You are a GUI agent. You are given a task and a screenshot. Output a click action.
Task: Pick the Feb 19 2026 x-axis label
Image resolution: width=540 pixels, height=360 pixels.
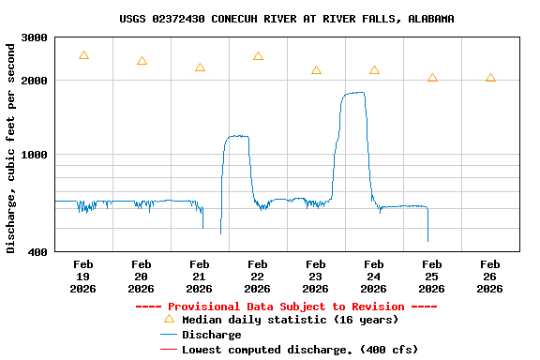pyautogui.click(x=83, y=277)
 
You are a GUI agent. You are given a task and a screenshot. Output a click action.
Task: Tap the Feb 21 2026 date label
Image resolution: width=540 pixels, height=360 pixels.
pyautogui.click(x=200, y=277)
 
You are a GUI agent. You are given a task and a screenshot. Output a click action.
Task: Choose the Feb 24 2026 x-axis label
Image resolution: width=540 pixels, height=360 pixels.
pyautogui.click(x=374, y=277)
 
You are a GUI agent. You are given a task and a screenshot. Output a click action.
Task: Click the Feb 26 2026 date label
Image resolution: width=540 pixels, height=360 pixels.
pyautogui.click(x=490, y=277)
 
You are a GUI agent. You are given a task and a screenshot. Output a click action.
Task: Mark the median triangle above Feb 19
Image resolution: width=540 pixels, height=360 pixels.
pyautogui.click(x=83, y=55)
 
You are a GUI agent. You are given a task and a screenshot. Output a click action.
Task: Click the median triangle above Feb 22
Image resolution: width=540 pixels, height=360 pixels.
pyautogui.click(x=258, y=56)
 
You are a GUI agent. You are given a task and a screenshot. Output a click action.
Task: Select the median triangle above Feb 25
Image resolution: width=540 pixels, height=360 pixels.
pyautogui.click(x=432, y=78)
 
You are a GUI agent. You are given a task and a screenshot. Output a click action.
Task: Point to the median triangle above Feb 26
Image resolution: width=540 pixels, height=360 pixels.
pyautogui.click(x=490, y=78)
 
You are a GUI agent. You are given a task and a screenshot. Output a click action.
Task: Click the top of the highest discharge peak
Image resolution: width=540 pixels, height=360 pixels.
pyautogui.click(x=354, y=93)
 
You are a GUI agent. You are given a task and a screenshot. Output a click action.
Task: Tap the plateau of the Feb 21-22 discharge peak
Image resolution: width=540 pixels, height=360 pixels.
pyautogui.click(x=236, y=137)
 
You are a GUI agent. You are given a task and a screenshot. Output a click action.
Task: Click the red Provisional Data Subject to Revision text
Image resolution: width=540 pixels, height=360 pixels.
pyautogui.click(x=286, y=307)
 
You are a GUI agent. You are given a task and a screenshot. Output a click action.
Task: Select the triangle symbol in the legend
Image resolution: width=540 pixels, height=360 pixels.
pyautogui.click(x=169, y=319)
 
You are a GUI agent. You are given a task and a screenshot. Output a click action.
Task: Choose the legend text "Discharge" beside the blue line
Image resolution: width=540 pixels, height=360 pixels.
pyautogui.click(x=211, y=335)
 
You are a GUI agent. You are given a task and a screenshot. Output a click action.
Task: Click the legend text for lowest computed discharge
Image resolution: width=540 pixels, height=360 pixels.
pyautogui.click(x=300, y=350)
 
